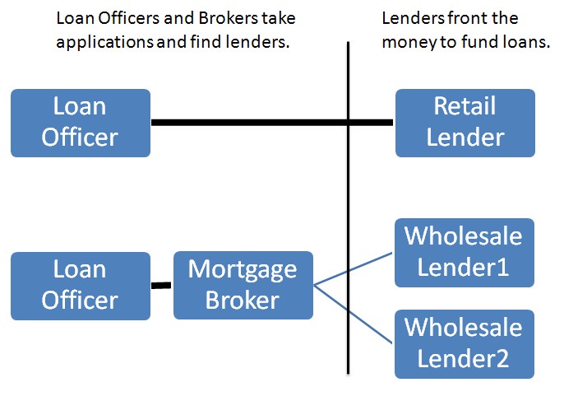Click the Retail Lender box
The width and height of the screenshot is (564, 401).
465,123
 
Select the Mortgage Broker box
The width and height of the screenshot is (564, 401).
243,285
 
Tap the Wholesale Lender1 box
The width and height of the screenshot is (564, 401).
465,253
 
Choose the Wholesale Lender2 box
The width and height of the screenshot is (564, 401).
465,344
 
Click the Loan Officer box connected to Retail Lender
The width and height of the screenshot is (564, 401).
81,123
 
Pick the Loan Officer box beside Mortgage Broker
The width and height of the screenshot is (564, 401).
81,286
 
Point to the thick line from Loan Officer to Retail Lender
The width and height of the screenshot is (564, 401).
272,123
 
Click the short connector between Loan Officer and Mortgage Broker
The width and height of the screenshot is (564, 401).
161,286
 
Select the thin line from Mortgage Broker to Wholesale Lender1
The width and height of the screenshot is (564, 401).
353,269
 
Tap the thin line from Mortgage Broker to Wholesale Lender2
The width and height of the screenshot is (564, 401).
353,315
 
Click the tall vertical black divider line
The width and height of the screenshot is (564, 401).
349,207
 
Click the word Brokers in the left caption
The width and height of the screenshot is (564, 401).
228,18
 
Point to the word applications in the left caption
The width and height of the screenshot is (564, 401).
105,43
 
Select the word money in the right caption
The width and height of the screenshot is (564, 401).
409,43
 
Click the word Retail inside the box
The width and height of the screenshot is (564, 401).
465,106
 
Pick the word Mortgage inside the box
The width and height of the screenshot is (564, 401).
243,270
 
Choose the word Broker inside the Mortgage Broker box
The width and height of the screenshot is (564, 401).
243,300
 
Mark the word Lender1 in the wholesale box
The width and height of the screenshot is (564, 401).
464,268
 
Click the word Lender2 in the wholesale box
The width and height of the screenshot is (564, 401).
464,359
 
